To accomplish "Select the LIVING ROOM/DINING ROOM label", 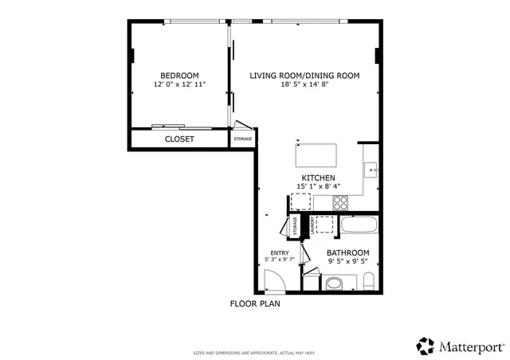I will (x=304, y=76).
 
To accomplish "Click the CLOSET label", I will (x=179, y=139).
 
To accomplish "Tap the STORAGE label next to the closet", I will (x=242, y=139).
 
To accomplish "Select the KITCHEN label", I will (x=317, y=178).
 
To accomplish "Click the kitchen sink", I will (x=371, y=169).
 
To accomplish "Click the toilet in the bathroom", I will (x=368, y=280).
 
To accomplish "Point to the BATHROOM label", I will (x=348, y=252).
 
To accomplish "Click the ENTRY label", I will (x=279, y=252).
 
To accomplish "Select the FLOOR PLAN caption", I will (x=255, y=303).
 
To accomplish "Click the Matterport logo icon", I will (x=425, y=346).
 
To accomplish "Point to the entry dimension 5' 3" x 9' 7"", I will (x=279, y=260).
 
